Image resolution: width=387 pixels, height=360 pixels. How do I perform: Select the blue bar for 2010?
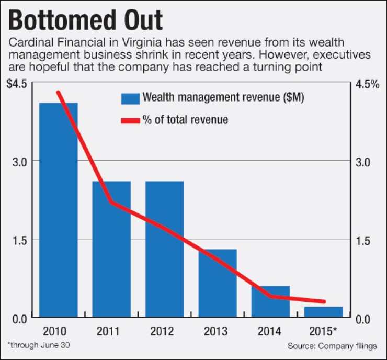[59, 209]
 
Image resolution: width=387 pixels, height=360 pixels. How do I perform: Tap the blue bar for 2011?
[111, 249]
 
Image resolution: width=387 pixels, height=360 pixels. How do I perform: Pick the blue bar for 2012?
[164, 249]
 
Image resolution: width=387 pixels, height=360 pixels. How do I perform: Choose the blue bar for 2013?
[218, 283]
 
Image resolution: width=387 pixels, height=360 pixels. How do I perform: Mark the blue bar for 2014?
[270, 301]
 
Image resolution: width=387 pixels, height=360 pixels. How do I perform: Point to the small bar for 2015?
[323, 312]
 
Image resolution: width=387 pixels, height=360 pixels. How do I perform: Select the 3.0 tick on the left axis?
[20, 161]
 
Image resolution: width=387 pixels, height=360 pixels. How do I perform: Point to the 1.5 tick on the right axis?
[364, 240]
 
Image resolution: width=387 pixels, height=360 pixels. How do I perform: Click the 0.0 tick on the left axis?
[20, 318]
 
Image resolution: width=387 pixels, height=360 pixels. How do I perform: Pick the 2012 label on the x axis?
[164, 332]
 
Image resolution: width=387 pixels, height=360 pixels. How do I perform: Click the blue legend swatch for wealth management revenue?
[130, 98]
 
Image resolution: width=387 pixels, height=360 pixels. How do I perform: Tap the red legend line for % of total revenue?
[130, 120]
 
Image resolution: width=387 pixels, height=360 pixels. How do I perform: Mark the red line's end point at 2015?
[324, 301]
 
